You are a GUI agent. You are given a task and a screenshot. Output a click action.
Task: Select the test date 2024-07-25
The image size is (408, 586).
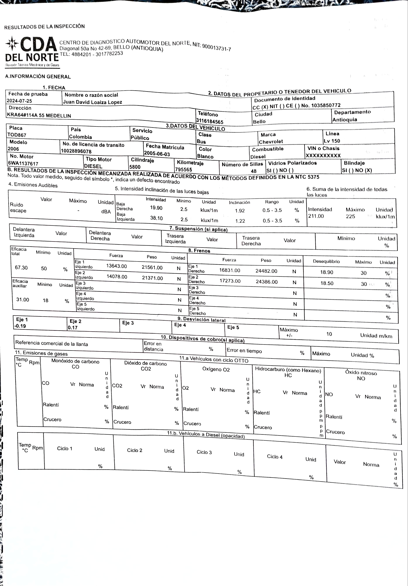pos(19,101)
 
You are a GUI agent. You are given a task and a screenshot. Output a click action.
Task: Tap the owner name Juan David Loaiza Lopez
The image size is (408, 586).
pos(93,102)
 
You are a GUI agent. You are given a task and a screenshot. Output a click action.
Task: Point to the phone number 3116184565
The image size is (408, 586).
pos(210,122)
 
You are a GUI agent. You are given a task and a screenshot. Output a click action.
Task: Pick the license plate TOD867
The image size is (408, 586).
pos(17,135)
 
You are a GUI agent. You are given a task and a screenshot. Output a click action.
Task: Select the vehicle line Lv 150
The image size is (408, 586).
pos(332,141)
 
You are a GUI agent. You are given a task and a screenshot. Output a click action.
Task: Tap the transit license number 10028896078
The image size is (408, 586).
pos(76,151)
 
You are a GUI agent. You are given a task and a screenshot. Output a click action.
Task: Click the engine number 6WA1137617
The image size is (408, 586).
pos(23,164)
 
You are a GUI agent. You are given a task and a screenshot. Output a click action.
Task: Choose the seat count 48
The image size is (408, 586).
pos(253,171)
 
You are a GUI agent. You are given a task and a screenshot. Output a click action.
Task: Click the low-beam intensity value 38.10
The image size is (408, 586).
pos(156,218)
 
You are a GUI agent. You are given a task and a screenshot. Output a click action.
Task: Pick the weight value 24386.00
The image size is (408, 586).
pos(267,282)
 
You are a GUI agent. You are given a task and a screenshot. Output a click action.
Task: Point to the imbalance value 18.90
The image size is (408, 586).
pos(327,272)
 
